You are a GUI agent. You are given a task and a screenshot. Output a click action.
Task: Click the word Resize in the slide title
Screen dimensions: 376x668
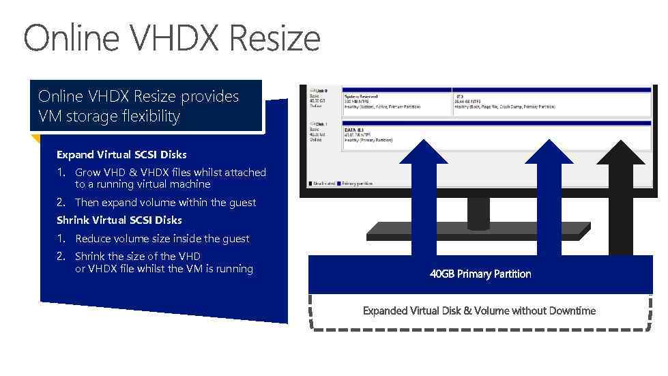tap(274, 38)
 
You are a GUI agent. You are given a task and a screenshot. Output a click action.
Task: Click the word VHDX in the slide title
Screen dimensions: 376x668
tap(175, 38)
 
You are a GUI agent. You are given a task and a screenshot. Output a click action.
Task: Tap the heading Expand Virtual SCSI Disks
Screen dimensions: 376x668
tap(121, 155)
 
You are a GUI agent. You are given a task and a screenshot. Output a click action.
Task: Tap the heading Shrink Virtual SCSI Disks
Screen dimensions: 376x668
tap(119, 220)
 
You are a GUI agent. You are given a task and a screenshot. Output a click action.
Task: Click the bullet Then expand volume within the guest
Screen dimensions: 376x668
tap(165, 203)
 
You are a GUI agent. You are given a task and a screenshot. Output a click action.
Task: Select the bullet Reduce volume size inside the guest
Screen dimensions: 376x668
tap(162, 239)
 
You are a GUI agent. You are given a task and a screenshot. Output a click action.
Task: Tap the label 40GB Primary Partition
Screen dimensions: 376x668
tap(480, 274)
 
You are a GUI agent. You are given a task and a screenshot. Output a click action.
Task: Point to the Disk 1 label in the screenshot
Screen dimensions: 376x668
tap(319, 124)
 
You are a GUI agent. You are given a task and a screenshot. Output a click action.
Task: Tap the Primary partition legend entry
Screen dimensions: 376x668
tap(357, 184)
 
